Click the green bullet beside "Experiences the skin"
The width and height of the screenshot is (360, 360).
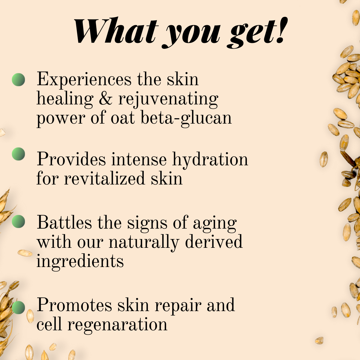coord(18,80)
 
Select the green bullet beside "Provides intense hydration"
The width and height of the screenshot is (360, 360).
coord(18,154)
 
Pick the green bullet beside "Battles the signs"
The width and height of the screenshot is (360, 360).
coord(18,222)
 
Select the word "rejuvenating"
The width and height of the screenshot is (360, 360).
coord(168,99)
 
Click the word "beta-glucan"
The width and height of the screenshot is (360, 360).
coord(186,118)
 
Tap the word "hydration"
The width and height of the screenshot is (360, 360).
coord(210,159)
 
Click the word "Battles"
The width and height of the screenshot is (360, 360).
coord(64,223)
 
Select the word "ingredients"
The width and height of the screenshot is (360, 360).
coord(80,261)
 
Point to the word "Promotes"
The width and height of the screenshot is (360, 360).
coord(74,305)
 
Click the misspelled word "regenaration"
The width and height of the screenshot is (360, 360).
coord(117,325)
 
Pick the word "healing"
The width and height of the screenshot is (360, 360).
coord(65,99)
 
